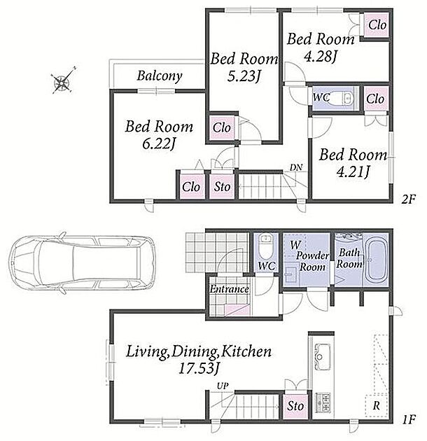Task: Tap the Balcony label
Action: click(160, 76)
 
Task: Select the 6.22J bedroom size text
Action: click(159, 144)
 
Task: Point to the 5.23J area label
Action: click(243, 76)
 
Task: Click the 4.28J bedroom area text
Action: click(321, 56)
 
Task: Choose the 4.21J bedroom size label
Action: click(353, 171)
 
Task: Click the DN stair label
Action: click(296, 167)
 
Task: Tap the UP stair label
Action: click(223, 386)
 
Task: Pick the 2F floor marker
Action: click(408, 199)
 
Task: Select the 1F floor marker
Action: click(408, 419)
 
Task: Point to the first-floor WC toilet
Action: click(265, 246)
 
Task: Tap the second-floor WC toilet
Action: click(345, 98)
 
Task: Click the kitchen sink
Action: click(321, 356)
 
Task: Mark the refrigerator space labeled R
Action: click(377, 405)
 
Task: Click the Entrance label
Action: click(230, 289)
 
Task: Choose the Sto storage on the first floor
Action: click(295, 406)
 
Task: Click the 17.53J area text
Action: click(199, 369)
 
